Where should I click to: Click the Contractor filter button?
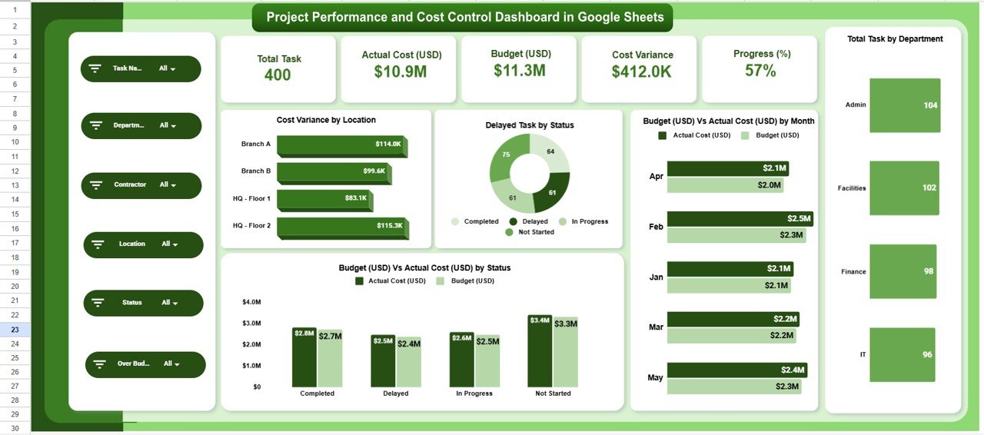(141, 185)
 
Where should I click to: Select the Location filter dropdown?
(143, 244)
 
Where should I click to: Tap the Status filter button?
(143, 303)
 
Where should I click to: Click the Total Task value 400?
(278, 75)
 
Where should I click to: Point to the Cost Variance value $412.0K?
(642, 71)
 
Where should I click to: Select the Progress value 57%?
(760, 71)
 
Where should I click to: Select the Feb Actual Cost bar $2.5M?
(738, 219)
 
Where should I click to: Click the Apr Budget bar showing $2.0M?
(725, 184)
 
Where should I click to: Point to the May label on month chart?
(655, 377)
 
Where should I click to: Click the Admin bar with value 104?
(905, 105)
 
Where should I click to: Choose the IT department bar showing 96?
(902, 355)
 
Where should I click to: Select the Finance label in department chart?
(853, 272)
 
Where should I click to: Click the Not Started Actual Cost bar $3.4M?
(540, 351)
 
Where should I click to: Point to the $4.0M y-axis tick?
(251, 302)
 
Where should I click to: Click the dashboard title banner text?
(462, 17)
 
